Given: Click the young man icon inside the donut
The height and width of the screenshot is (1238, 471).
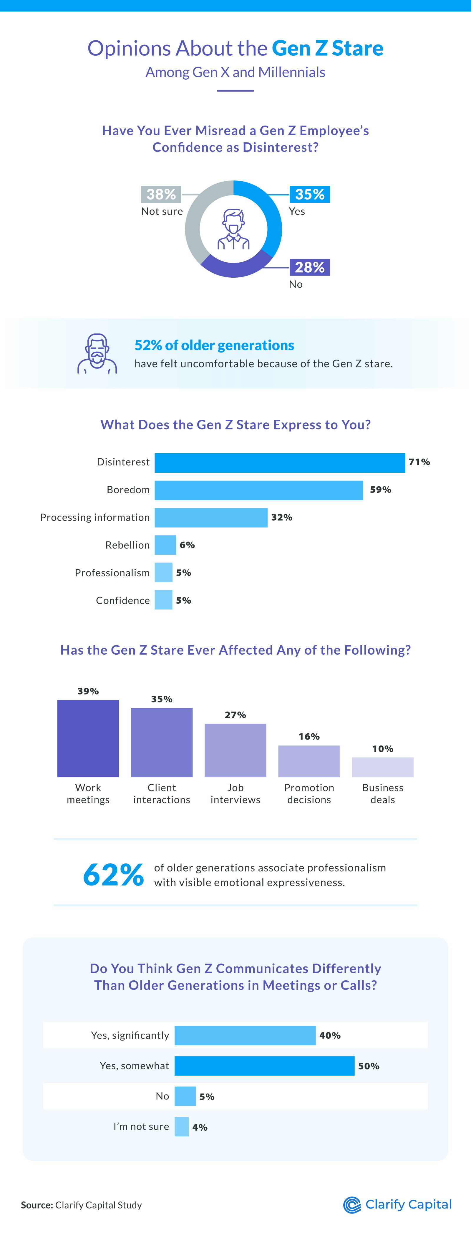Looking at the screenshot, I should pyautogui.click(x=233, y=229).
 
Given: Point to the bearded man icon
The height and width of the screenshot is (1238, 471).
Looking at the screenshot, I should pyautogui.click(x=97, y=354).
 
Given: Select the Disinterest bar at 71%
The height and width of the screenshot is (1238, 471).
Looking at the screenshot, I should pyautogui.click(x=279, y=463).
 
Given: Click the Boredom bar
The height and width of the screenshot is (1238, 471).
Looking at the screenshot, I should pyautogui.click(x=258, y=490).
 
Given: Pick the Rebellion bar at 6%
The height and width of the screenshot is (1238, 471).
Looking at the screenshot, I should pyautogui.click(x=165, y=545).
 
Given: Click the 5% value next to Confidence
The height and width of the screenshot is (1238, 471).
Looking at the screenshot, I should pyautogui.click(x=183, y=600).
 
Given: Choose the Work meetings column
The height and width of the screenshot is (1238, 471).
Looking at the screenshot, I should pyautogui.click(x=88, y=738).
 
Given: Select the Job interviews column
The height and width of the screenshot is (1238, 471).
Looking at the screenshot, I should pyautogui.click(x=235, y=750).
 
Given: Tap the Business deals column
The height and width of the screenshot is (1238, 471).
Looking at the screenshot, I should pyautogui.click(x=383, y=767).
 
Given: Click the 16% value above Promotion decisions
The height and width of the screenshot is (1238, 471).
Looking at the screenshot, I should pyautogui.click(x=309, y=736).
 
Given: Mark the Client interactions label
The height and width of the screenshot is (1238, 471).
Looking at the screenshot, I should pyautogui.click(x=162, y=793).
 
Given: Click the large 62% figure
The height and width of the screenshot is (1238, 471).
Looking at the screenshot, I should pyautogui.click(x=113, y=874).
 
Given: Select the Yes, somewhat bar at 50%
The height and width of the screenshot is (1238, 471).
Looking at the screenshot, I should pyautogui.click(x=264, y=1066).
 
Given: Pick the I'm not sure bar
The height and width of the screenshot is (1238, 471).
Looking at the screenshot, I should pyautogui.click(x=182, y=1127).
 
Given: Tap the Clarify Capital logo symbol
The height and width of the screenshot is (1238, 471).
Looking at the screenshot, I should pyautogui.click(x=352, y=1205).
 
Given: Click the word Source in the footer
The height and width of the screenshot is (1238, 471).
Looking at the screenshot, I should pyautogui.click(x=37, y=1205).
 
